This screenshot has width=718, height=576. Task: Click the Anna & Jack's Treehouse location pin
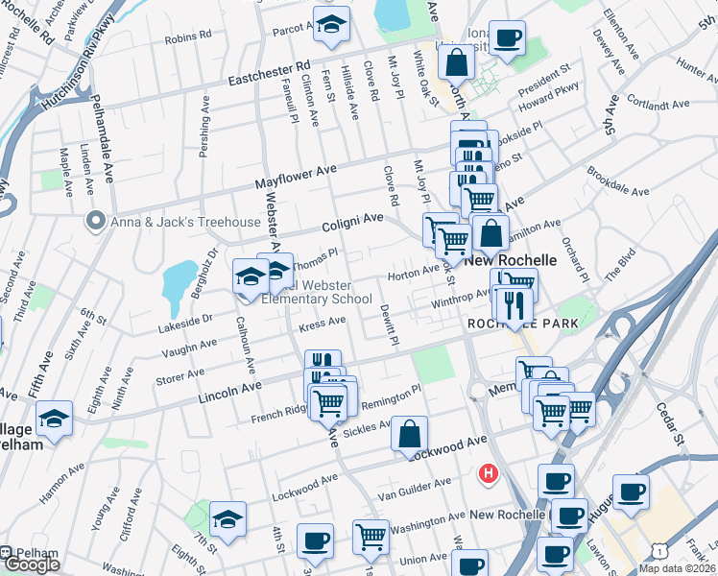tap(94, 222)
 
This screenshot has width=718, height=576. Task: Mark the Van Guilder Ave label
tap(415, 487)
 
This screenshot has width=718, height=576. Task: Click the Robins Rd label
tap(188, 37)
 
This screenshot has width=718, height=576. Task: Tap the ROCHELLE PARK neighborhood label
tap(522, 324)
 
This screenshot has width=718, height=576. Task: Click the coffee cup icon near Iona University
tap(506, 38)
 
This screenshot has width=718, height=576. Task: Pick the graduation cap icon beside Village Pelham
tap(55, 419)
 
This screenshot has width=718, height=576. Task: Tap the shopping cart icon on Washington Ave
tap(371, 538)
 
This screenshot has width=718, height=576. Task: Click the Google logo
tap(32, 564)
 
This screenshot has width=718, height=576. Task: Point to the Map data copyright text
tap(677, 567)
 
